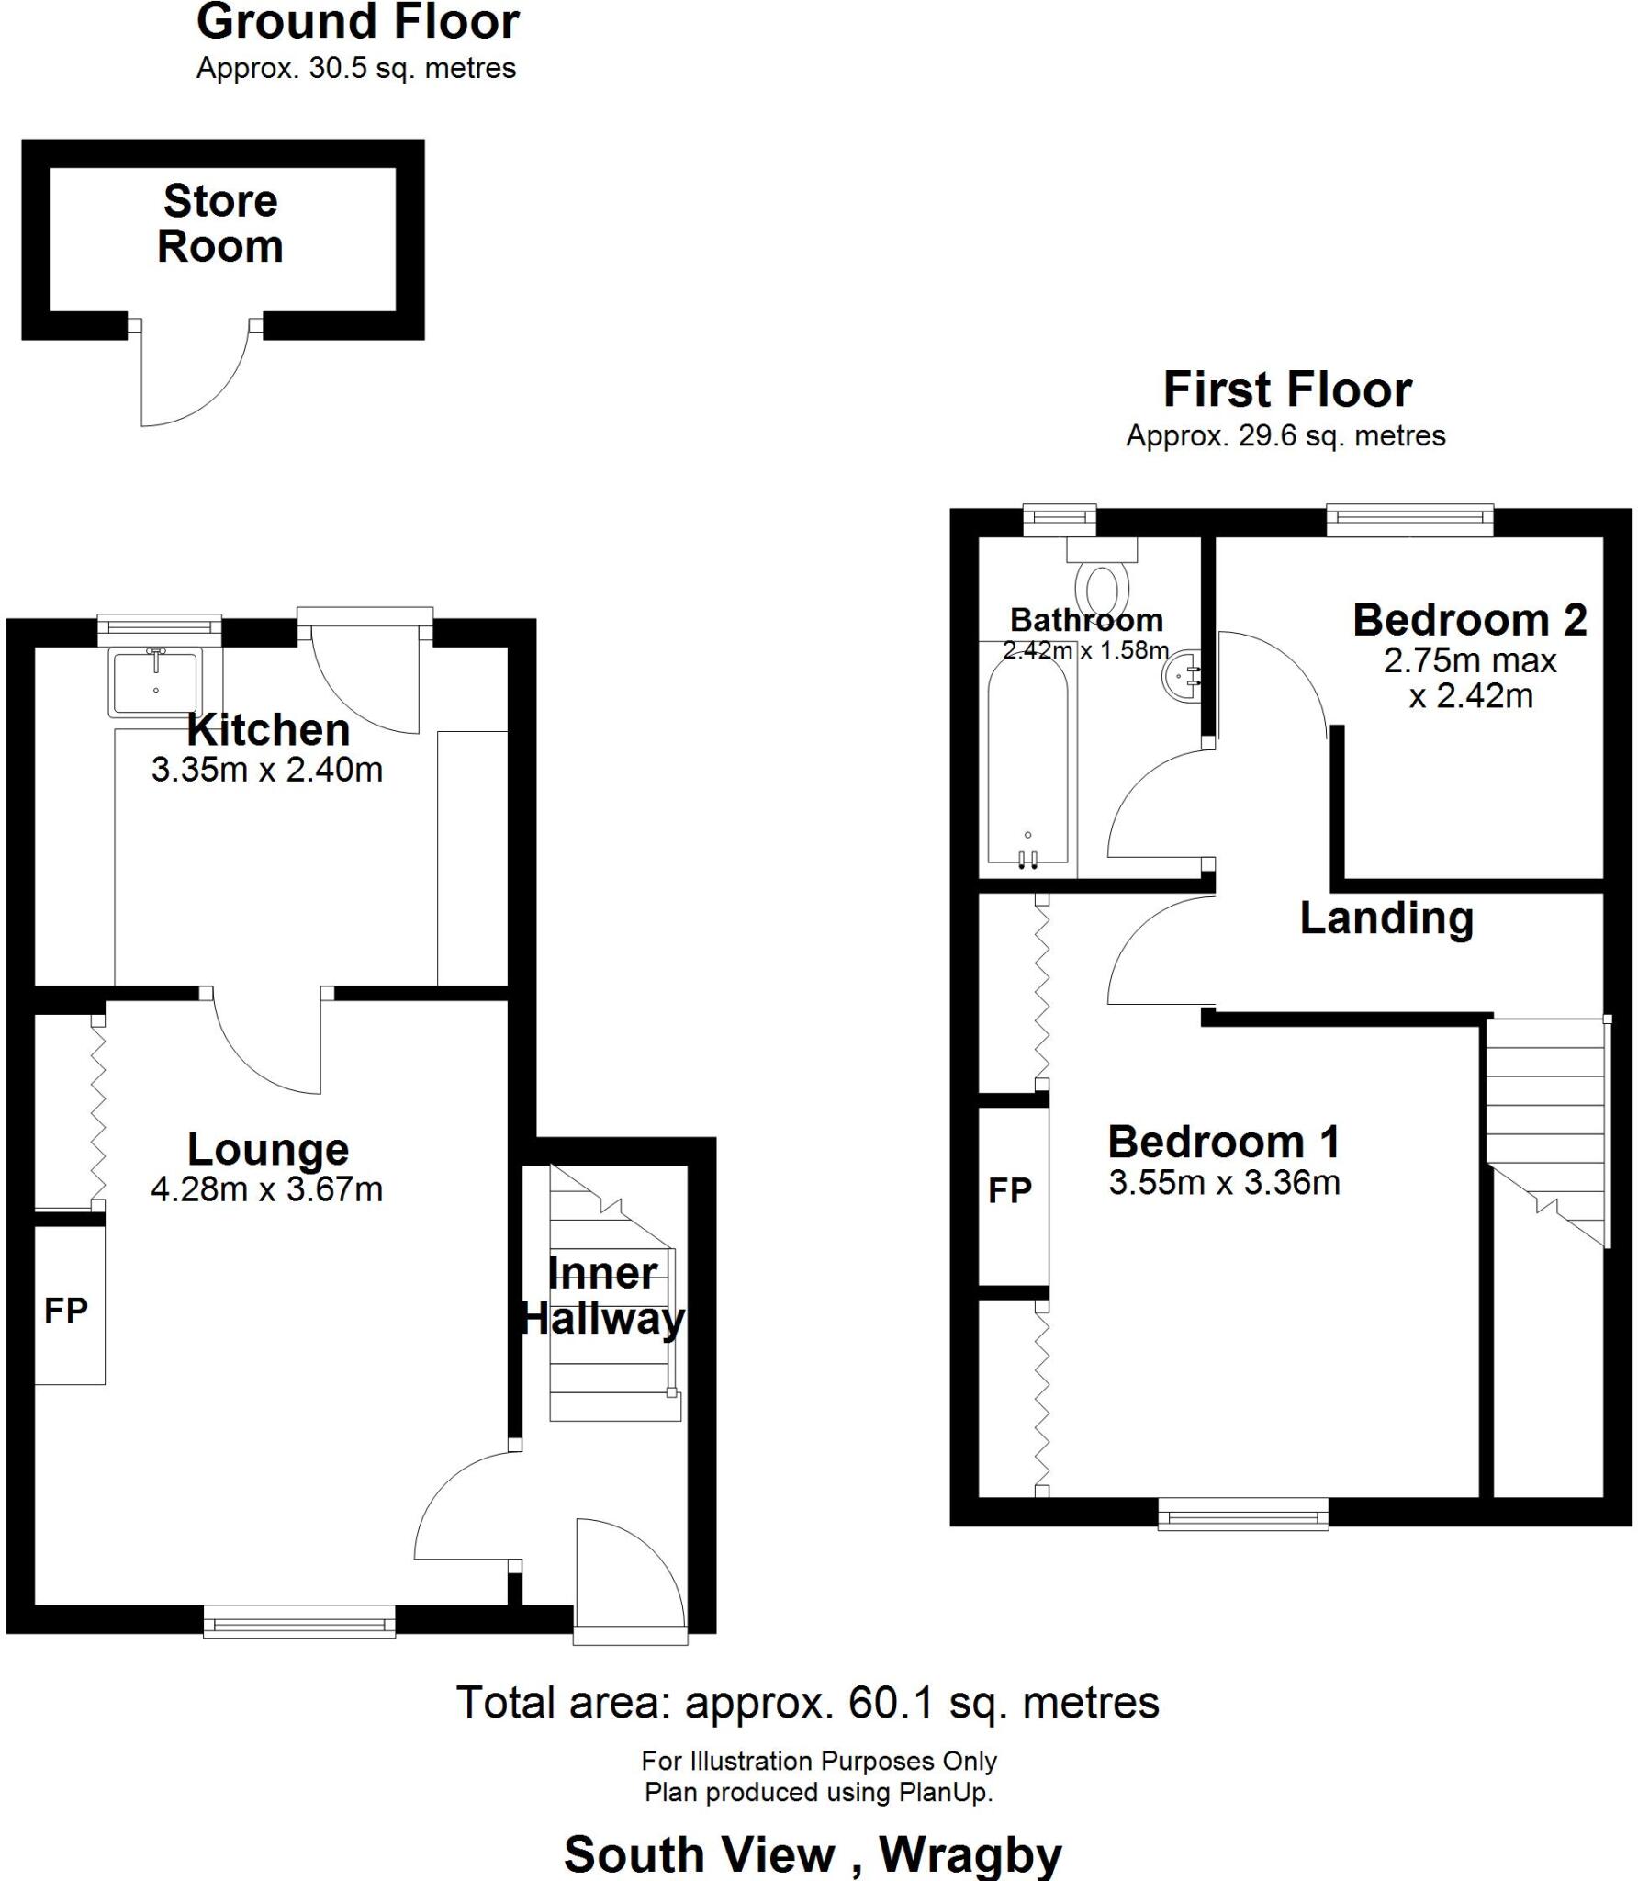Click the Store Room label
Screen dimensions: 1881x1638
pos(220,224)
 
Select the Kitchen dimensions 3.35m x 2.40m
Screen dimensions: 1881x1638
pos(267,770)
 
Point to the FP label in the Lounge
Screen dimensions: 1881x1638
pos(66,1310)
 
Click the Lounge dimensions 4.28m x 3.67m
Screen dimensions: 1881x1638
pos(267,1189)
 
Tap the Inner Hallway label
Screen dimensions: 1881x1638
pos(602,1296)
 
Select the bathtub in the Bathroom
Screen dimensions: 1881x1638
pos(1027,762)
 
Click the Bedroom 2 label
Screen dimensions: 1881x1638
pos(1469,620)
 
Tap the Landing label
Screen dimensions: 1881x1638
pos(1386,918)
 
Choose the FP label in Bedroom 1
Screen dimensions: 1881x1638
pos(1010,1191)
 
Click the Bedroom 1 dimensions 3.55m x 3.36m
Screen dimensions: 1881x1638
pos(1224,1183)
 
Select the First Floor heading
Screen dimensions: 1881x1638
pos(1287,389)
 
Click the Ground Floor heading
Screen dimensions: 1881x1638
pos(358,22)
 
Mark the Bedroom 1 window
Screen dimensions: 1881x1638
pos(1243,1514)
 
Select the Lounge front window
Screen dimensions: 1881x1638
pos(299,1621)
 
